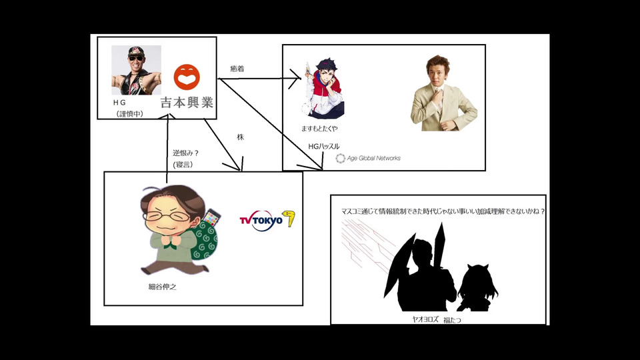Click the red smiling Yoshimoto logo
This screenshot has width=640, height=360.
click(187, 77)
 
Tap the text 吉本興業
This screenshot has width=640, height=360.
click(187, 102)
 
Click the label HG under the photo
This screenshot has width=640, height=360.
click(119, 103)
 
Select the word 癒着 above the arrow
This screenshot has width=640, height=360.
click(237, 69)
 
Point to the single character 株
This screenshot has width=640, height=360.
click(241, 137)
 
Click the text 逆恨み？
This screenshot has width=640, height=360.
click(186, 153)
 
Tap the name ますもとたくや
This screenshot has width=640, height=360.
click(319, 129)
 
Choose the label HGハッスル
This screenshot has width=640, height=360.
click(324, 146)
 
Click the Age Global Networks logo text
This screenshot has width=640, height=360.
click(373, 159)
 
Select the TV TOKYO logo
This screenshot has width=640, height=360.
click(261, 221)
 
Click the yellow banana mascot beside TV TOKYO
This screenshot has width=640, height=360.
click(289, 219)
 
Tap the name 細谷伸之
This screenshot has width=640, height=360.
click(163, 287)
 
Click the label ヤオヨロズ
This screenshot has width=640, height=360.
click(425, 319)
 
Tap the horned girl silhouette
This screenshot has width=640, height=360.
click(477, 287)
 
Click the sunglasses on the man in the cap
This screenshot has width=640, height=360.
click(136, 58)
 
